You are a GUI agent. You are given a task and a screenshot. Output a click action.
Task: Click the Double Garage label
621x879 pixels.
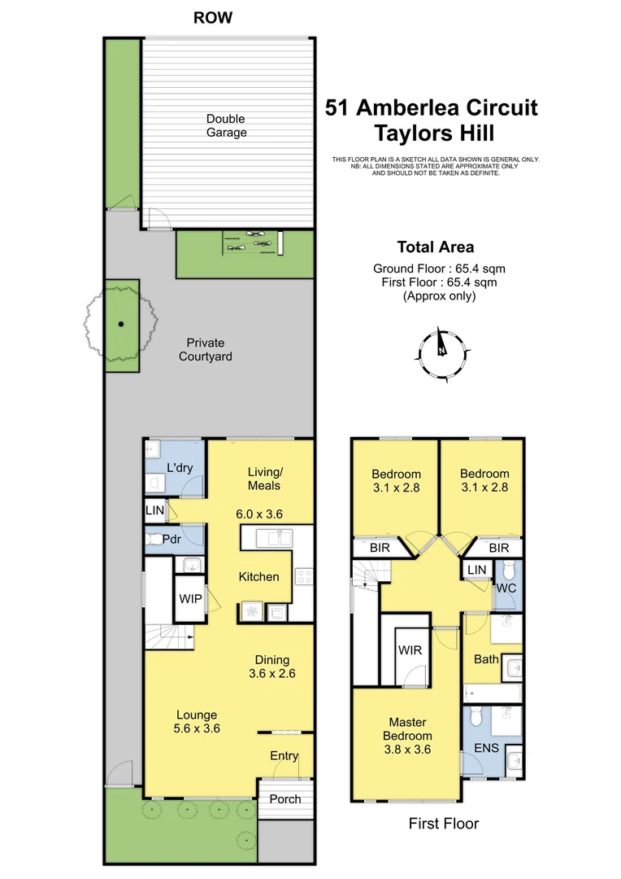click(226, 125)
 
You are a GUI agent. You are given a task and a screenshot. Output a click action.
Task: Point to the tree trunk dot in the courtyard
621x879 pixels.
click(121, 324)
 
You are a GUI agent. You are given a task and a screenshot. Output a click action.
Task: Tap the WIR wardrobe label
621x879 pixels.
click(408, 650)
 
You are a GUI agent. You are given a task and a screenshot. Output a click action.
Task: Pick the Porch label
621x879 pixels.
click(285, 798)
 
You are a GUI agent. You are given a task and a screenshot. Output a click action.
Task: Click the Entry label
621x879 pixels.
click(284, 756)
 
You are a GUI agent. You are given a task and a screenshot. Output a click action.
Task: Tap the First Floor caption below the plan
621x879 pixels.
click(443, 824)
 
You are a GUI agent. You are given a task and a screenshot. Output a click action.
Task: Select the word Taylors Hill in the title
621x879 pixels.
click(431, 133)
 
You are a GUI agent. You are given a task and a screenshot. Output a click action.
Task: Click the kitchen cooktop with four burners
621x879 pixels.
click(303, 575)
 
